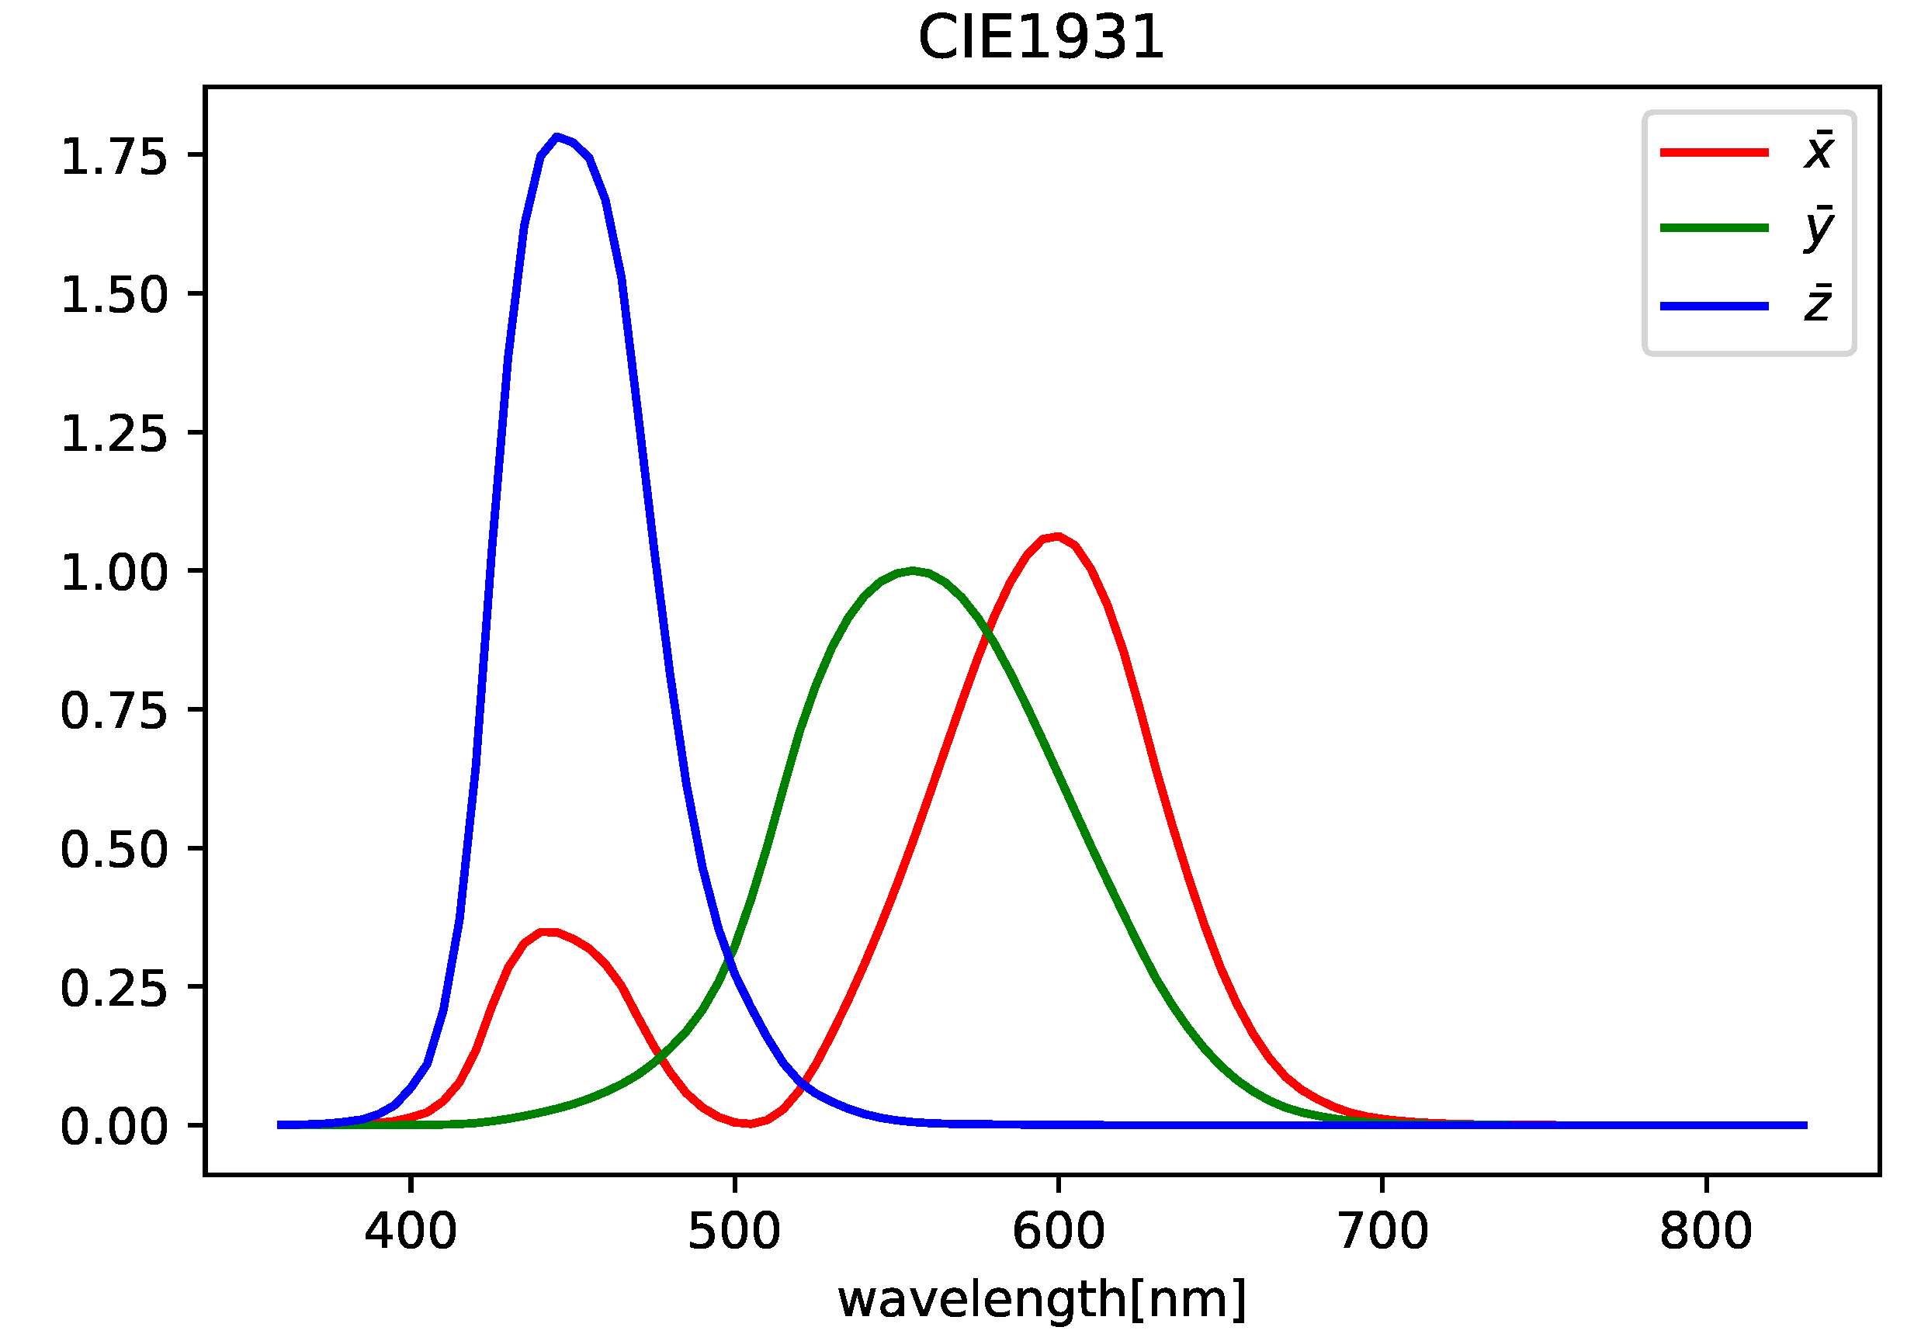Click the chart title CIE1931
[1040, 38]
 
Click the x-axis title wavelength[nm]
[1042, 1299]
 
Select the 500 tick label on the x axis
[733, 1232]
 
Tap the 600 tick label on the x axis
[1058, 1232]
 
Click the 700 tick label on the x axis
[1382, 1232]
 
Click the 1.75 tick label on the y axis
[114, 156]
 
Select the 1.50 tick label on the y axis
[114, 295]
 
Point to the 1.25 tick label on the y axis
[114, 434]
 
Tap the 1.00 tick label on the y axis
[114, 572]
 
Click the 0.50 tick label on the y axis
[114, 850]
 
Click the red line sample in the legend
[1714, 152]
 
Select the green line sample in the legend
[1714, 227]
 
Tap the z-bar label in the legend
[1818, 304]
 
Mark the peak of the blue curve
[557, 137]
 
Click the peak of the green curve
[914, 571]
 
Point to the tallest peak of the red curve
[1057, 536]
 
